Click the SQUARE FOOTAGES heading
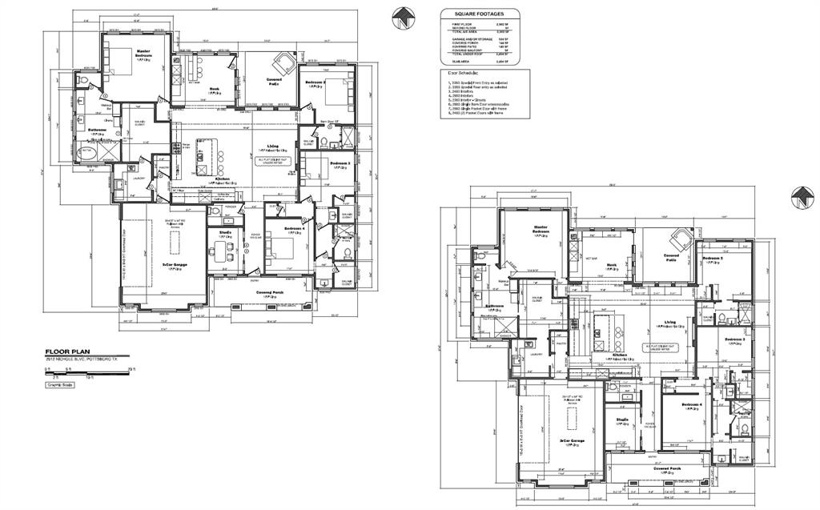pos(479,14)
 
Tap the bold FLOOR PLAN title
pos(70,351)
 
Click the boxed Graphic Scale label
pos(61,385)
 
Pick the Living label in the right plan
pos(669,322)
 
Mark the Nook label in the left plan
pos(214,89)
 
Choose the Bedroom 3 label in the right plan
pos(735,340)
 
